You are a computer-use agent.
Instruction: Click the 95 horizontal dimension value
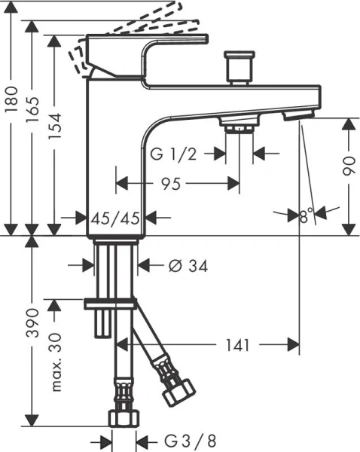[175, 183]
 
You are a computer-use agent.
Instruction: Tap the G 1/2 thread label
[174, 154]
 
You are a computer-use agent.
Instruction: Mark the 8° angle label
[305, 217]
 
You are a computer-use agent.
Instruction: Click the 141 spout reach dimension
[238, 344]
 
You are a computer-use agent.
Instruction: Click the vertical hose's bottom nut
[124, 417]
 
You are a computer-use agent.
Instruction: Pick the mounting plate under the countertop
[111, 303]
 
